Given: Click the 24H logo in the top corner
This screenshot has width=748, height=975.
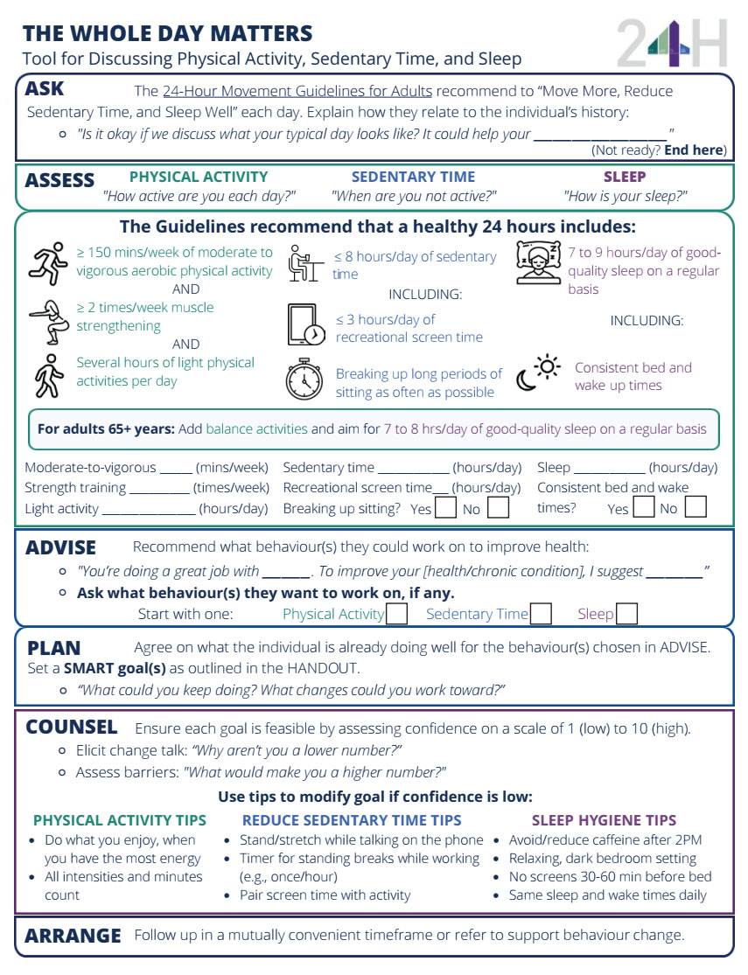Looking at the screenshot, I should point(671,45).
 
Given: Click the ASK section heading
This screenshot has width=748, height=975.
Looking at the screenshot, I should point(45,89).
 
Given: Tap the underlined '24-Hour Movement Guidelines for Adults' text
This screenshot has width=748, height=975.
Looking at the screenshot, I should point(297,91).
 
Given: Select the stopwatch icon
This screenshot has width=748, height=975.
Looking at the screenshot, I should point(304,380).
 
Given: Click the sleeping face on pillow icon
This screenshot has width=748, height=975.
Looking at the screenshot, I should point(538,261).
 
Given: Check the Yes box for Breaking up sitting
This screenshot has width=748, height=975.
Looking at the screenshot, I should point(445,507).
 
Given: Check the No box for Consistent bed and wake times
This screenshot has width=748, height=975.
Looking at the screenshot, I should point(696,507).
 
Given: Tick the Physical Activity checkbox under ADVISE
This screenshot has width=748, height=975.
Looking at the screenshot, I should point(397,614).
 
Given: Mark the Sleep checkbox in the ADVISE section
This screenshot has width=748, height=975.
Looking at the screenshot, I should point(626,614).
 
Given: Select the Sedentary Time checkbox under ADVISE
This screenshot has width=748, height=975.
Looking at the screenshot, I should point(541,614).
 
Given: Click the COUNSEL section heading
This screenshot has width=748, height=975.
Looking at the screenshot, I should point(72,728).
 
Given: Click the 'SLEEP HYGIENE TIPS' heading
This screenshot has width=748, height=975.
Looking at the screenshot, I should point(604,820).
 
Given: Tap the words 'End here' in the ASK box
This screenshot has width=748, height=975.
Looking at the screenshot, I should point(695,150).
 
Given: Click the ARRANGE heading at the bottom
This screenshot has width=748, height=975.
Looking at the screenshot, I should point(73,936).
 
